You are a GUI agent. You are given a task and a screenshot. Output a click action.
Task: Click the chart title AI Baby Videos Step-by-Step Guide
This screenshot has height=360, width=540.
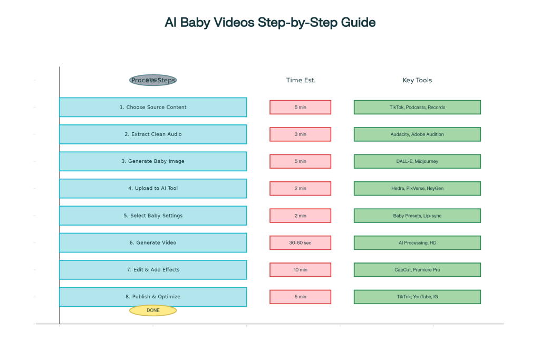270,23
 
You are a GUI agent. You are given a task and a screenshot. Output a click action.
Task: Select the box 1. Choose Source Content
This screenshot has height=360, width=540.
153,107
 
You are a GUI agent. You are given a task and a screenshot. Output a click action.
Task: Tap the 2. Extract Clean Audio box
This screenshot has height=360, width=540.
153,134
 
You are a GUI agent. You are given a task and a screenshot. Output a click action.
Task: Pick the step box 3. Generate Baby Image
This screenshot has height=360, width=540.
153,161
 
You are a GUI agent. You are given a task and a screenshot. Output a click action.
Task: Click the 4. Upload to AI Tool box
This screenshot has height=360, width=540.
153,188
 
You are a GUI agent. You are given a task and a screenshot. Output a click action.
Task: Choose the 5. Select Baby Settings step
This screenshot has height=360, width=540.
153,216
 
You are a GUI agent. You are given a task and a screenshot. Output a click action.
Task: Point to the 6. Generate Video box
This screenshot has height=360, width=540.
153,242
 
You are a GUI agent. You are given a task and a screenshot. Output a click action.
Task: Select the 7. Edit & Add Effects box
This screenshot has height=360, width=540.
153,269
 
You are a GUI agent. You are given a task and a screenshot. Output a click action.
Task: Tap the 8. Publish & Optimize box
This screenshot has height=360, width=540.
153,297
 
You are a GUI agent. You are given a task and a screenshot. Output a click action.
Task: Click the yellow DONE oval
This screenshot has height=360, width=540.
153,310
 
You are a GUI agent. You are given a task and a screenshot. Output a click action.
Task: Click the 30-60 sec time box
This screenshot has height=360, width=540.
300,242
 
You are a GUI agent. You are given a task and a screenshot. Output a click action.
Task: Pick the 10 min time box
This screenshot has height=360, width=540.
300,270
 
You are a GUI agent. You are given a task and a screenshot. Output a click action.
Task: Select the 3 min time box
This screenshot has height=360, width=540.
300,134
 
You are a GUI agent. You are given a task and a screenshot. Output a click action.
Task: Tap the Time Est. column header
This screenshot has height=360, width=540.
301,80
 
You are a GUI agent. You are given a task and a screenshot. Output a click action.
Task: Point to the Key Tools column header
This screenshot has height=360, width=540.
417,80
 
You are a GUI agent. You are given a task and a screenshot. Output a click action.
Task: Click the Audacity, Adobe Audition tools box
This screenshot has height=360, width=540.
417,134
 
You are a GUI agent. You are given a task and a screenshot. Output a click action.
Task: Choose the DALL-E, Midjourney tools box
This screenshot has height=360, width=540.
417,161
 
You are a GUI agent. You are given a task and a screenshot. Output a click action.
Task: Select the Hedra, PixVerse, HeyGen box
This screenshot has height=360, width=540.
417,188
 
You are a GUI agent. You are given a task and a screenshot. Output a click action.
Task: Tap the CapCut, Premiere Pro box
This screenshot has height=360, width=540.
417,270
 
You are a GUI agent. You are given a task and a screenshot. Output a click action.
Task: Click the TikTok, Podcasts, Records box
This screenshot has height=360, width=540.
417,107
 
